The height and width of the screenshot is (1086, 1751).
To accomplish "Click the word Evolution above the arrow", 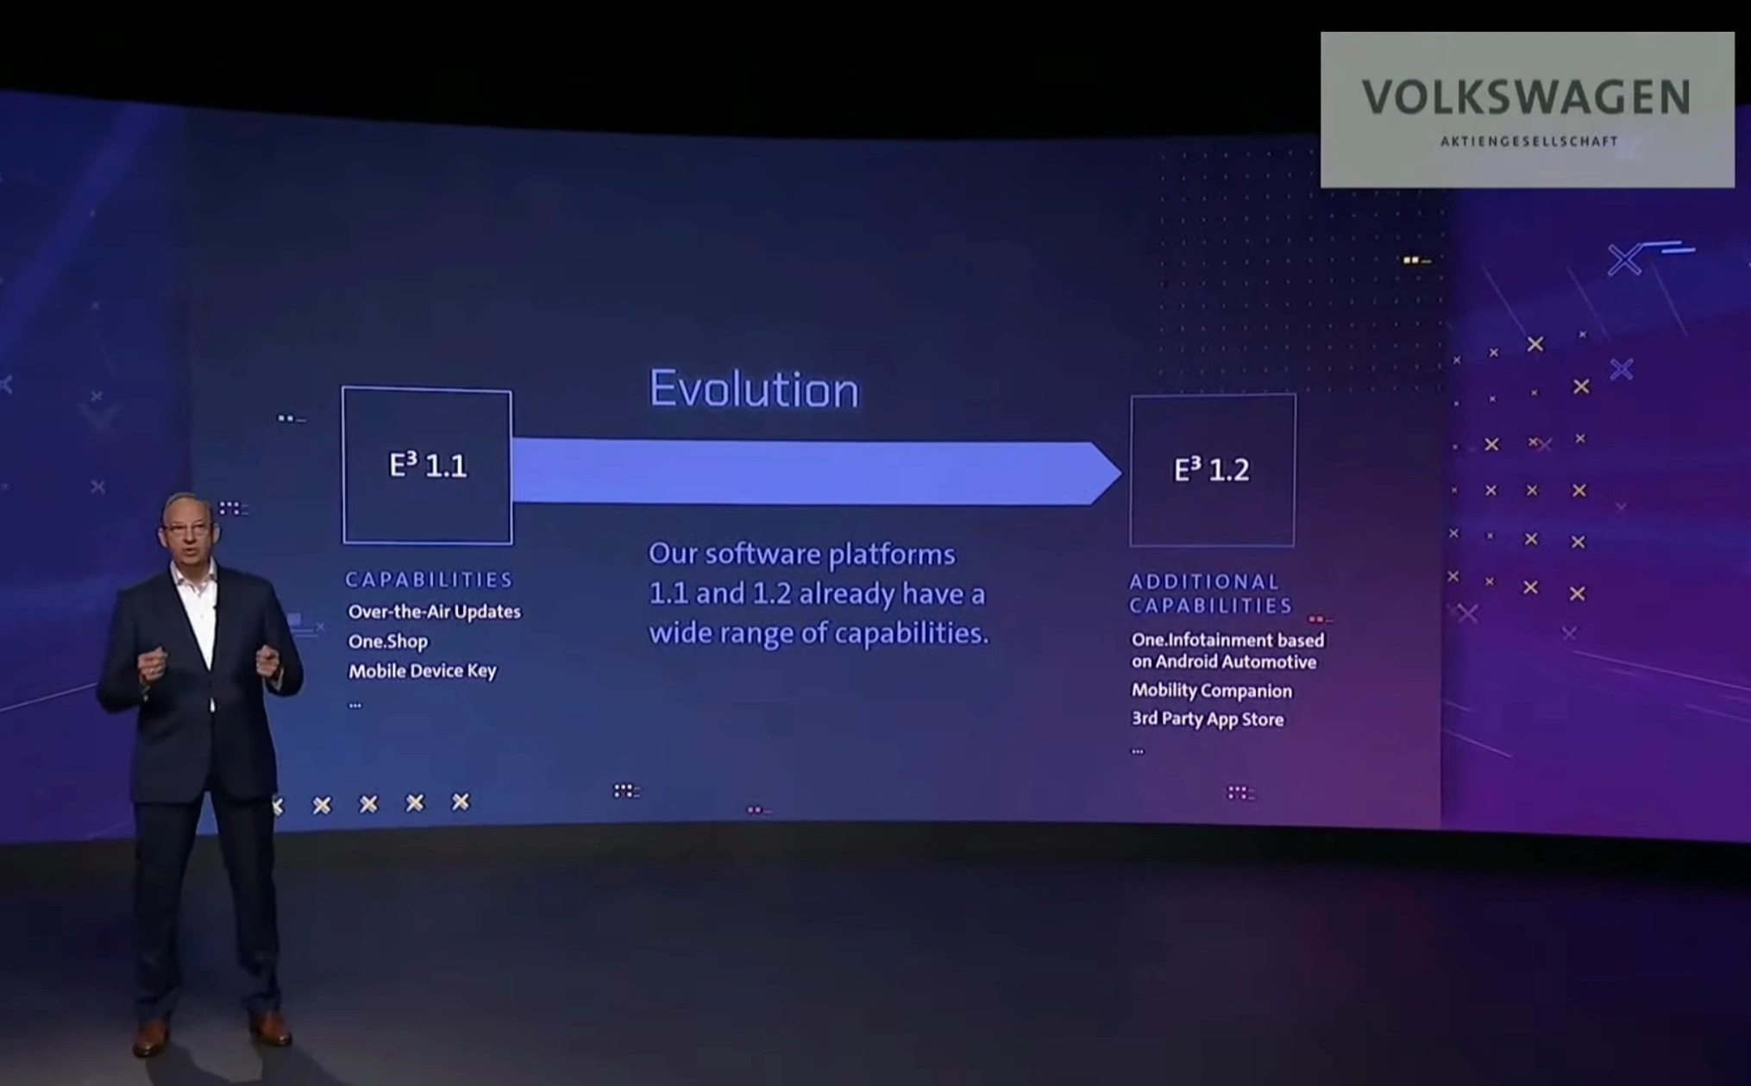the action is (x=754, y=389).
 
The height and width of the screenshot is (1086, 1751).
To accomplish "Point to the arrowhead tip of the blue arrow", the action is (x=1121, y=473).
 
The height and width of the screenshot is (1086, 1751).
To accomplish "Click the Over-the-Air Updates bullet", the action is (x=434, y=612).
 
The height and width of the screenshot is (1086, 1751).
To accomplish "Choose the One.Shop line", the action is (x=387, y=641).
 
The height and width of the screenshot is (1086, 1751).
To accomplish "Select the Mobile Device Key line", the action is (x=422, y=670).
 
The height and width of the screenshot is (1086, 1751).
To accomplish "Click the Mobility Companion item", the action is (x=1211, y=690).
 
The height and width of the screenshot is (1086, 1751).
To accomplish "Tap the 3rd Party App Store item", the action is (x=1207, y=719).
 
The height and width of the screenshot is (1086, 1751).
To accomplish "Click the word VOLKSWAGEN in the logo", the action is (x=1526, y=97).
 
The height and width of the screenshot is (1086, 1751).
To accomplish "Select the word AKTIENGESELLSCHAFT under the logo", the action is (x=1528, y=141).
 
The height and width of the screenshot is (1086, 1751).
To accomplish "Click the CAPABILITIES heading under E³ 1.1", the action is (x=429, y=580).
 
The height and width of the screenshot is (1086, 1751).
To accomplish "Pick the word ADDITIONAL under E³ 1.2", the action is (x=1204, y=582).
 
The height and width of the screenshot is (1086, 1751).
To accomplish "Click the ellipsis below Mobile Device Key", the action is (x=355, y=705).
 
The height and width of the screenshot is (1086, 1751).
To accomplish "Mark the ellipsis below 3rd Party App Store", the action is (x=1138, y=751).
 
